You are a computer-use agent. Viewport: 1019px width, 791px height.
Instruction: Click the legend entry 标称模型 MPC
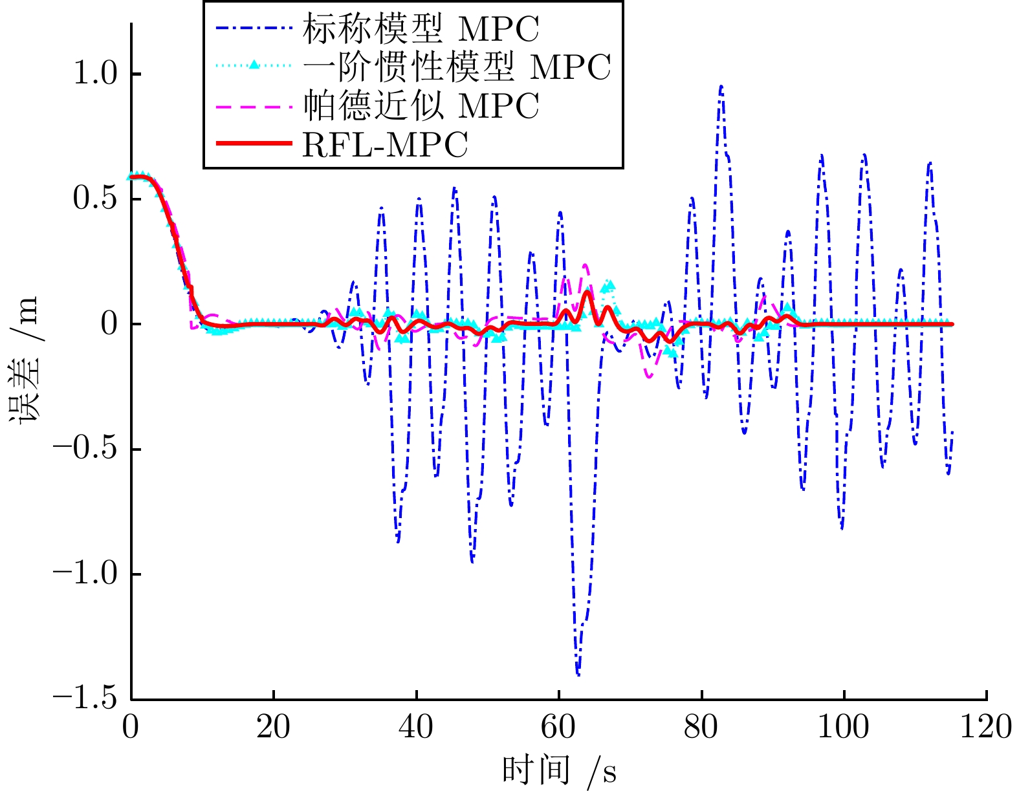pos(421,29)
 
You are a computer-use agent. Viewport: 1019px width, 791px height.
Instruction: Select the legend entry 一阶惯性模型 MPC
pos(457,67)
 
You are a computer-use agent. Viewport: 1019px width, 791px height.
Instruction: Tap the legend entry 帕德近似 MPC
pos(421,105)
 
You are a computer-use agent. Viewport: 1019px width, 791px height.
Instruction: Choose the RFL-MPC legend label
pos(385,145)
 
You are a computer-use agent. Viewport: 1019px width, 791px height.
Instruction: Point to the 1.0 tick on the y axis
pos(94,73)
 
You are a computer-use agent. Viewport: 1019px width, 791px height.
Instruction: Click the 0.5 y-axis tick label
pos(94,199)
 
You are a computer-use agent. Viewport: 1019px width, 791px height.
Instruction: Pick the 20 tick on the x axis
pos(273,727)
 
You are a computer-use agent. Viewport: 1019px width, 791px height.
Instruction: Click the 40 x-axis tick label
pos(416,727)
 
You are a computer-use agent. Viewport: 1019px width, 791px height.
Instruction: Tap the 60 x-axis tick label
pos(558,727)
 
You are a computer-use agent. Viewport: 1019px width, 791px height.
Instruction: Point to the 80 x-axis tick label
pos(701,727)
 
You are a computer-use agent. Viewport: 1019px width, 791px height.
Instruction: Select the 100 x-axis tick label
pos(844,727)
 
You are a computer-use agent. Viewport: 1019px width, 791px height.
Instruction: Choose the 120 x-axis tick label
pos(986,727)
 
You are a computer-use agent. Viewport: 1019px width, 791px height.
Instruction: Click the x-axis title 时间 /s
pos(559,771)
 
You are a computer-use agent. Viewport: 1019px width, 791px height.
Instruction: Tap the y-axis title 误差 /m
pos(25,360)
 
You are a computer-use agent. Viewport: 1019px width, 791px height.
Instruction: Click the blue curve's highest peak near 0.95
pos(721,86)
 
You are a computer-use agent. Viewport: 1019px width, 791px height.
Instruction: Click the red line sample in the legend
pos(254,144)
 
